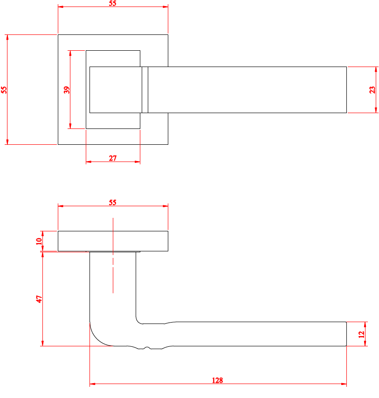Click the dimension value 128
[x=217, y=380]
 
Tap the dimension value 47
[x=39, y=299]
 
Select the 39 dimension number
[x=67, y=90]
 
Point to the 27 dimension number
[x=113, y=158]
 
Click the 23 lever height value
[x=372, y=90]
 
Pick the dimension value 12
[x=361, y=334]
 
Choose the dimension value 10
[x=39, y=241]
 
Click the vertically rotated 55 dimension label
[x=4, y=90]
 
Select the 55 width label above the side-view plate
[x=113, y=202]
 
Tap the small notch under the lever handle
[x=147, y=347]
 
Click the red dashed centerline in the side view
[x=113, y=256]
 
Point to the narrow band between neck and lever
[x=145, y=90]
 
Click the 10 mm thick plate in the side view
[x=113, y=241]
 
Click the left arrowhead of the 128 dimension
[x=92, y=384]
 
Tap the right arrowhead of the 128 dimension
[x=344, y=384]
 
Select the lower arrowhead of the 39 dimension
[x=70, y=126]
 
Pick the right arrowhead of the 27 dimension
[x=138, y=162]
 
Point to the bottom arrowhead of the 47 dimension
[x=42, y=343]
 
